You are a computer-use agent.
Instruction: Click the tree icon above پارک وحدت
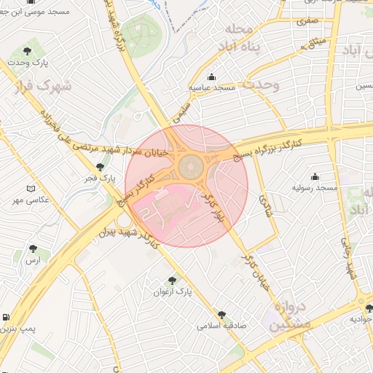pyautogui.click(x=27, y=52)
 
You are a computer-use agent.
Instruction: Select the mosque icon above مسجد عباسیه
pyautogui.click(x=212, y=77)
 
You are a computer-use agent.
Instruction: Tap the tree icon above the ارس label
pyautogui.click(x=31, y=249)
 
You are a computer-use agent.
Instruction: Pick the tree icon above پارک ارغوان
pyautogui.click(x=173, y=280)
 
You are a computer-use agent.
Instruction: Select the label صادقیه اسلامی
pyautogui.click(x=221, y=326)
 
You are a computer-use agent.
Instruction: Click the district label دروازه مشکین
pyautogui.click(x=291, y=315)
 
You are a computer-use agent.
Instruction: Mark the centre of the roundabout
pyautogui.click(x=191, y=167)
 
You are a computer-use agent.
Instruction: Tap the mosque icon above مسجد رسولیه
pyautogui.click(x=315, y=176)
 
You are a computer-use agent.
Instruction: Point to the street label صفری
pyautogui.click(x=306, y=22)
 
